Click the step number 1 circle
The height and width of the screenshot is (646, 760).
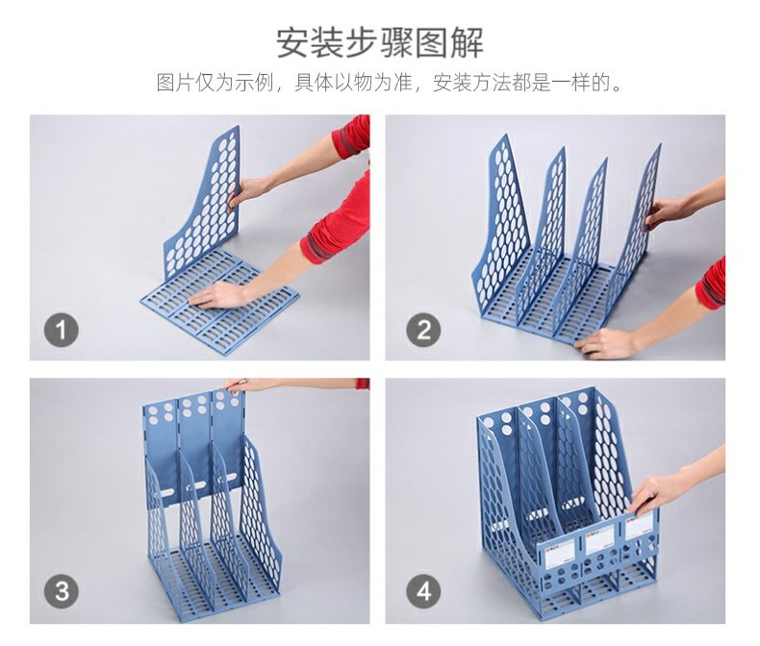click(x=61, y=331)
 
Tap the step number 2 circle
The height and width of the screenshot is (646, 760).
click(x=423, y=331)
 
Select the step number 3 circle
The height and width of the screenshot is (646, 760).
click(x=62, y=591)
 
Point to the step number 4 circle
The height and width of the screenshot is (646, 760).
click(x=423, y=591)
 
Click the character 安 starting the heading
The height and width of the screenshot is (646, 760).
click(x=293, y=43)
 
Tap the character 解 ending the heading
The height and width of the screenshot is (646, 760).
click(x=468, y=43)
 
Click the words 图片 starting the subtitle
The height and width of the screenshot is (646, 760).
click(x=175, y=83)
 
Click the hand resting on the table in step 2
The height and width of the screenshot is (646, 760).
click(x=606, y=343)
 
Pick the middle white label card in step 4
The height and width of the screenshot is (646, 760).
click(x=600, y=541)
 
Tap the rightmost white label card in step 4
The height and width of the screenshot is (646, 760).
click(x=639, y=527)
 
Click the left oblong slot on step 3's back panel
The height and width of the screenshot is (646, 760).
click(x=165, y=493)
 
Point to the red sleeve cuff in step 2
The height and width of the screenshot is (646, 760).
click(x=711, y=284)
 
